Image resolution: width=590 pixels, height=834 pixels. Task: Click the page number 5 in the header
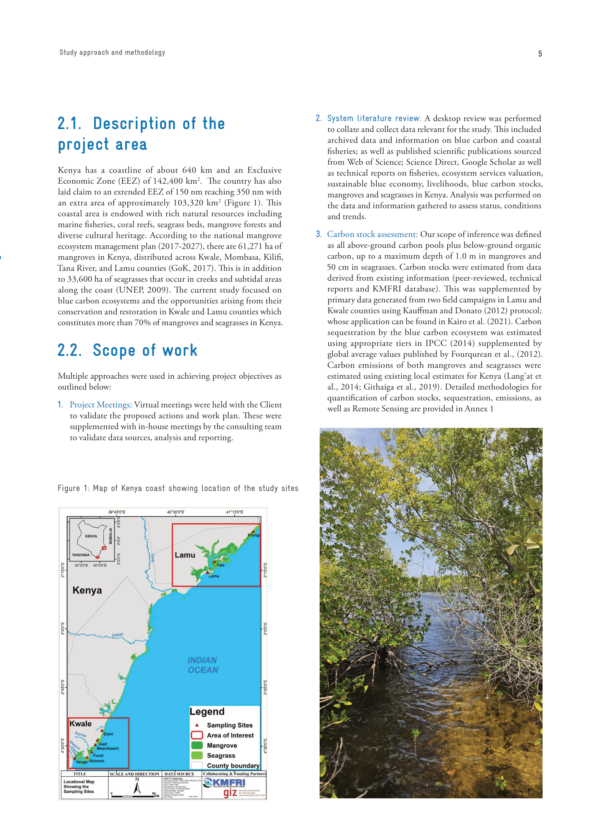(x=540, y=54)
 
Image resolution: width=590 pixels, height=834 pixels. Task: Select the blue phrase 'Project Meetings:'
(x=101, y=405)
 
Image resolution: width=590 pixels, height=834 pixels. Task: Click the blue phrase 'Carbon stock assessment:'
(x=372, y=234)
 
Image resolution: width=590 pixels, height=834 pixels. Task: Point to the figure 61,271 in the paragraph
(x=251, y=246)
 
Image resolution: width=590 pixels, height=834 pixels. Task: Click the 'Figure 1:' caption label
(x=73, y=488)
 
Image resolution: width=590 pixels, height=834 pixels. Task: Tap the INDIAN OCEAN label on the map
(x=202, y=665)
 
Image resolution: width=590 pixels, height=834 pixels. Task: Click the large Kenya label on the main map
(x=87, y=590)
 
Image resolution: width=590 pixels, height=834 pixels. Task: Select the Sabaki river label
(x=117, y=635)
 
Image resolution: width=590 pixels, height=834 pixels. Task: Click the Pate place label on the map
(x=220, y=565)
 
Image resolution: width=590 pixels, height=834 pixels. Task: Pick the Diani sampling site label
(x=108, y=734)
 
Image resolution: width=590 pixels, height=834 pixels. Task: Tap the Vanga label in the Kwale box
(x=82, y=762)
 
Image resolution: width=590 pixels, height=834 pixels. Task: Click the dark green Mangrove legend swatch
(x=197, y=745)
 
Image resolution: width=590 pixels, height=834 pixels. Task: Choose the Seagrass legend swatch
(x=197, y=756)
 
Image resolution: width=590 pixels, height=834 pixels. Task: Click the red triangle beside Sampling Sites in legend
(x=197, y=725)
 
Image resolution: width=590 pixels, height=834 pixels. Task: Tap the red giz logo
(x=230, y=793)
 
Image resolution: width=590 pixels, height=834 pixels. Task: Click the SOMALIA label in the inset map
(x=111, y=536)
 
